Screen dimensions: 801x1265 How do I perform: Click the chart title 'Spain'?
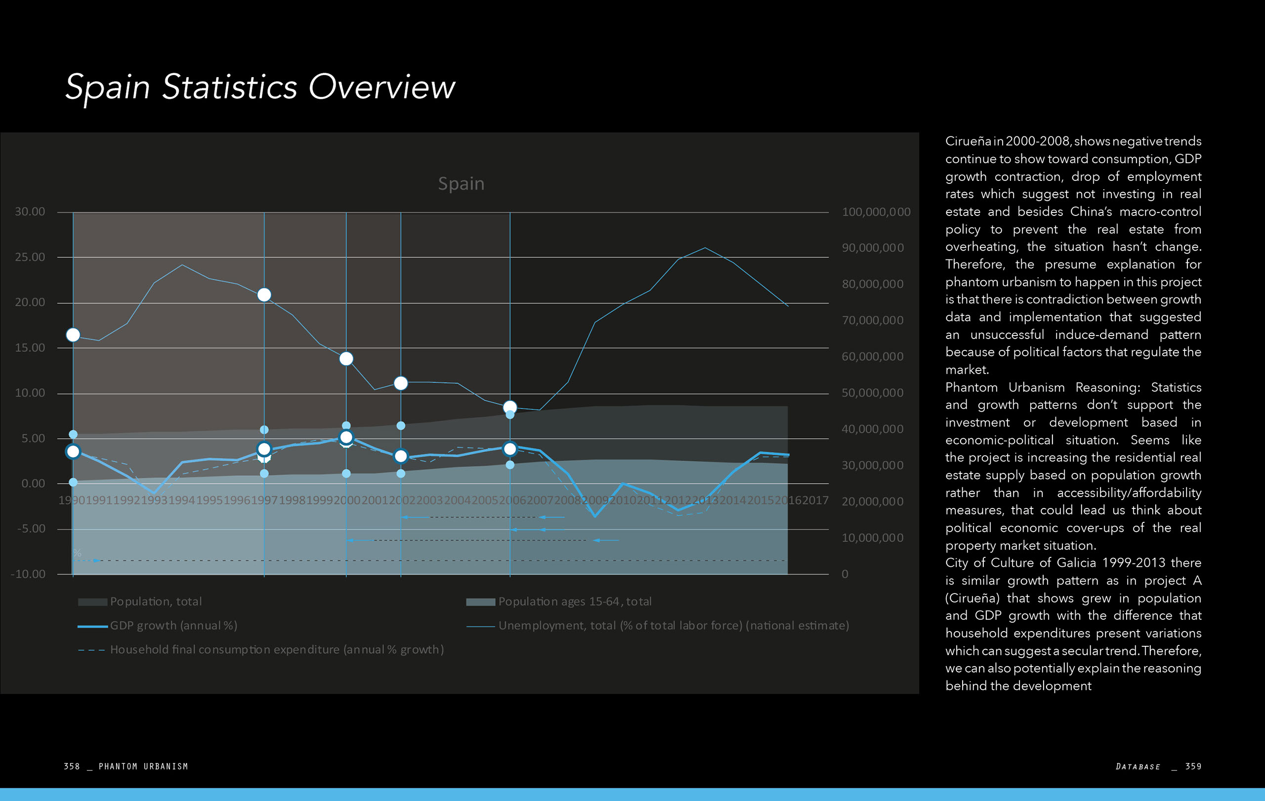coord(461,183)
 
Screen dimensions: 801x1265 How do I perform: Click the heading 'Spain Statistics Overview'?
coord(260,86)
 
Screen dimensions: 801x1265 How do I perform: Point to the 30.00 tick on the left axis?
coord(30,211)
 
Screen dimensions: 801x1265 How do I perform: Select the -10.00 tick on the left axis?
coord(28,574)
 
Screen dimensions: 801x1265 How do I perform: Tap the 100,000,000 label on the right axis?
coord(876,211)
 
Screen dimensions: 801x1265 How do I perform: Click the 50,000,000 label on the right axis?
coord(873,393)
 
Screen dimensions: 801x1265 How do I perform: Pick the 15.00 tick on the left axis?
coord(30,348)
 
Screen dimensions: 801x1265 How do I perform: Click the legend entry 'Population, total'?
coord(156,601)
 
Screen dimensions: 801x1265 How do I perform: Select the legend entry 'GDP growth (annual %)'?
coord(173,626)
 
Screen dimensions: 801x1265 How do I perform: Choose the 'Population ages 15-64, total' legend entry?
coord(575,601)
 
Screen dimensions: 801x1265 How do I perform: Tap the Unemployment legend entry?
coord(674,626)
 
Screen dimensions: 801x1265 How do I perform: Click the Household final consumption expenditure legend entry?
coord(277,650)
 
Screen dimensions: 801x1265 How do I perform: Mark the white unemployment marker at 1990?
coord(73,335)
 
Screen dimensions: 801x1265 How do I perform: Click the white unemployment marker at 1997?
coord(264,295)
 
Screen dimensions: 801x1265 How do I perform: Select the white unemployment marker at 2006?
coord(509,407)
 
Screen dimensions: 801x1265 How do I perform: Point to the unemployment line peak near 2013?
coord(705,248)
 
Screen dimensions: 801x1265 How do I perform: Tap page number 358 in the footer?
coord(72,766)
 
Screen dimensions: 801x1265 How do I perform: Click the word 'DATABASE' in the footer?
coord(1138,767)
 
